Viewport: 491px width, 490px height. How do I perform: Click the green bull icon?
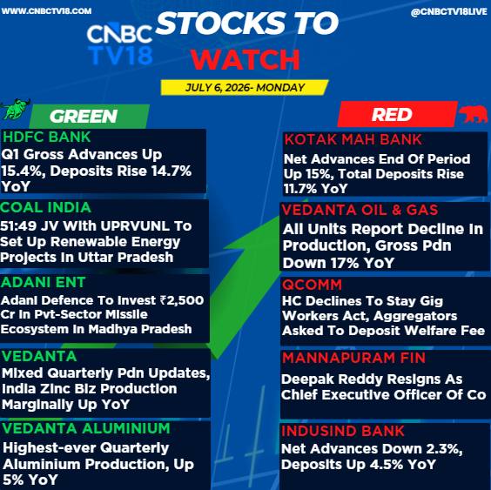[16, 110]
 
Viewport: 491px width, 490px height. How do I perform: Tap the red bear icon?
[474, 115]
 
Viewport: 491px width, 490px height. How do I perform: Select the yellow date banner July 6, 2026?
[245, 87]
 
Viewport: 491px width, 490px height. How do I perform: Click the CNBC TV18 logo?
[119, 44]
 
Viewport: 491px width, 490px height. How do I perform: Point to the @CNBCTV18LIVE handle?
[448, 12]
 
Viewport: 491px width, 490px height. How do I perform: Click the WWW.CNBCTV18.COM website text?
[46, 11]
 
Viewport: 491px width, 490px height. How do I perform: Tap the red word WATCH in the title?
[245, 59]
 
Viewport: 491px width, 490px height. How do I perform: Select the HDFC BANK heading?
[47, 138]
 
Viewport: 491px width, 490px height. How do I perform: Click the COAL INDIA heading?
[46, 208]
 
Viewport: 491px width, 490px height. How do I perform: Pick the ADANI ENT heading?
[43, 282]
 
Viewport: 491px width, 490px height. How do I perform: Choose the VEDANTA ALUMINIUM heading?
[86, 428]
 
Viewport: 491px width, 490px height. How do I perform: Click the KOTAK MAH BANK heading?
[353, 139]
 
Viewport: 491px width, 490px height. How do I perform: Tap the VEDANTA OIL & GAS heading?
[360, 210]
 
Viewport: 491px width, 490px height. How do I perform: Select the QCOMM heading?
[312, 285]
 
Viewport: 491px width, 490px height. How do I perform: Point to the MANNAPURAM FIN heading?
[353, 358]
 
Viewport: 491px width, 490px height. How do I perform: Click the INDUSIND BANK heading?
[343, 431]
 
